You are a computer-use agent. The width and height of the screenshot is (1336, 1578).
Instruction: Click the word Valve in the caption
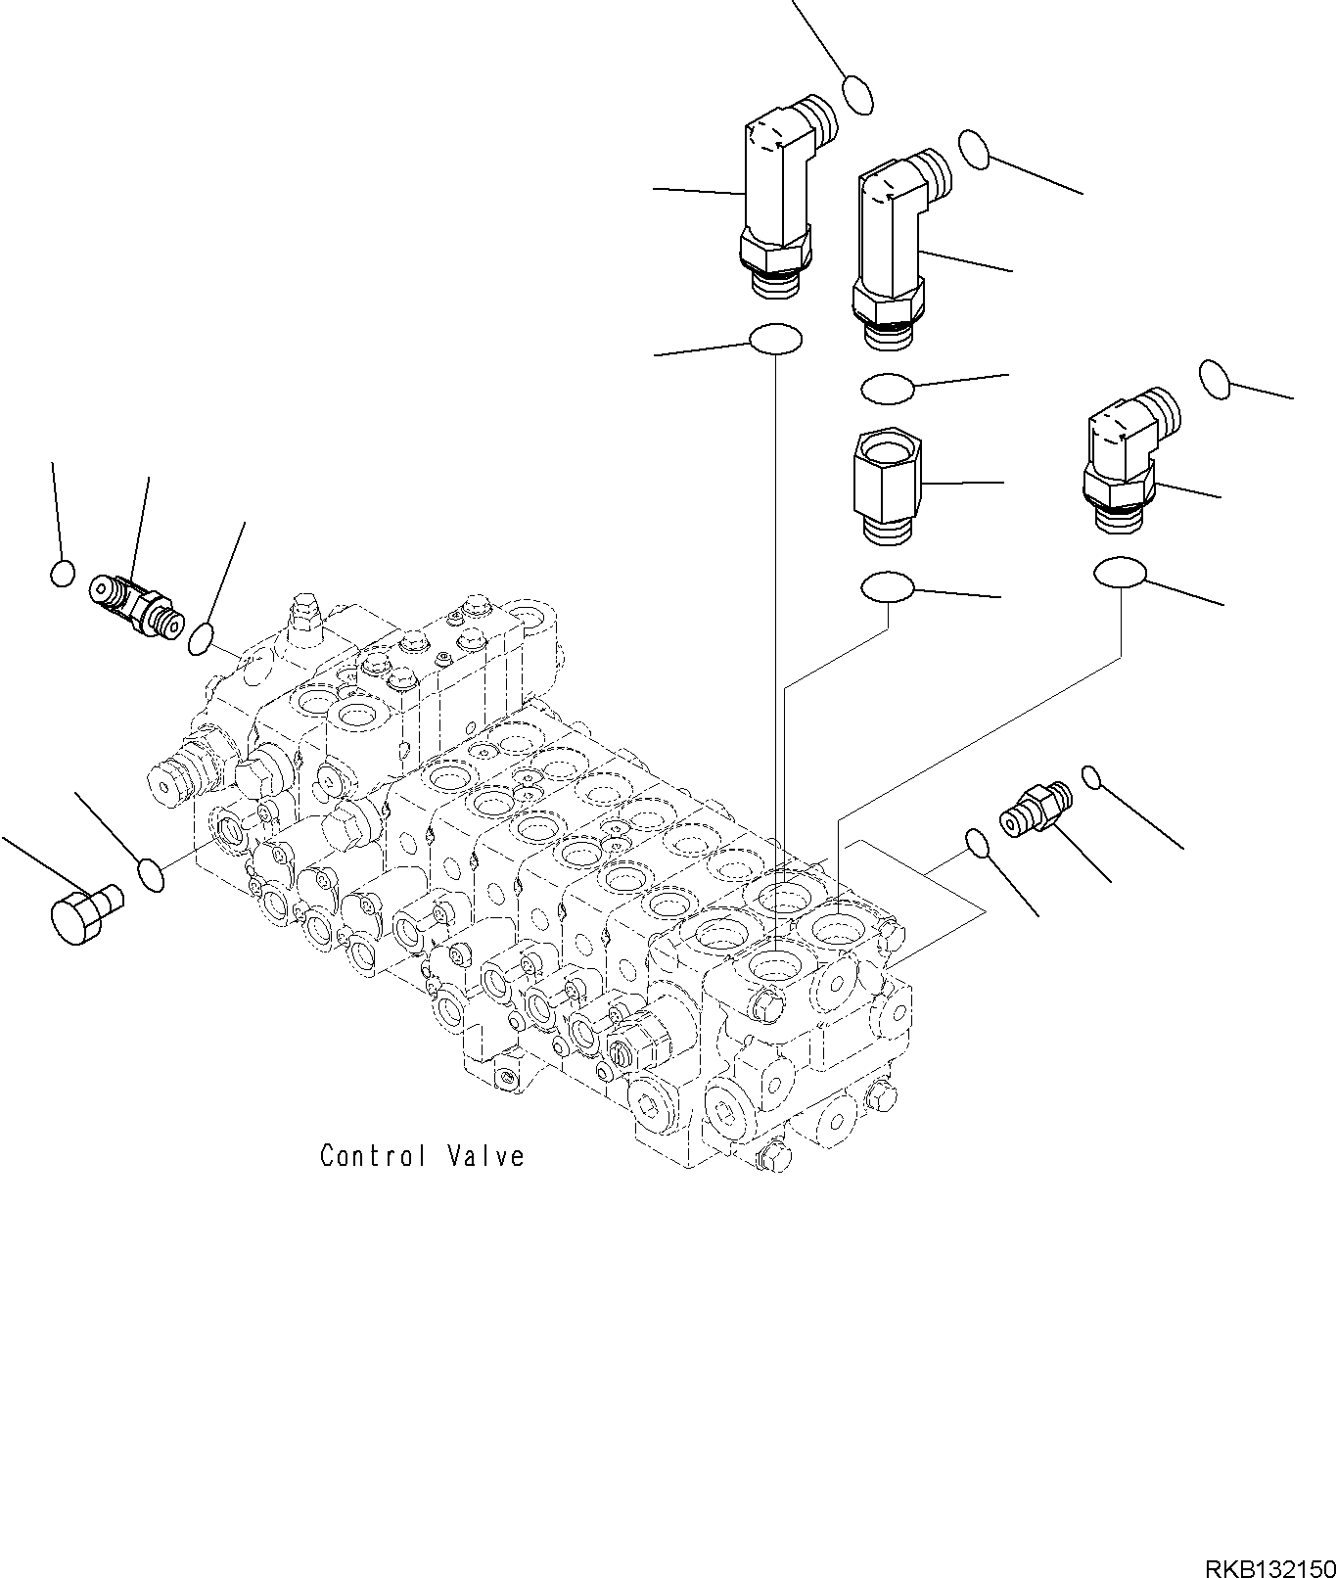486,1156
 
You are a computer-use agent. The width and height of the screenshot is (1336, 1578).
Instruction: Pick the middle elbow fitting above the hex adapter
889,245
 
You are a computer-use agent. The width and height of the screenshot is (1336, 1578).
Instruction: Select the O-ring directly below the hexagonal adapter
887,587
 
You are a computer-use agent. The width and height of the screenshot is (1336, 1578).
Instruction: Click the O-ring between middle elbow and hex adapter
887,390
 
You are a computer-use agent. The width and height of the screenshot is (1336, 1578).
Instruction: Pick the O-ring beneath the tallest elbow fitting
775,340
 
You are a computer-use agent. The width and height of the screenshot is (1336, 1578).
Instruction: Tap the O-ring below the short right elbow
1120,573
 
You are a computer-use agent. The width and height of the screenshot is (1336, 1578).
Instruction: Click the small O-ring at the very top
857,94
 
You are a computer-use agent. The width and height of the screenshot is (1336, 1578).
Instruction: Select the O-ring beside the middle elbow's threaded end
975,149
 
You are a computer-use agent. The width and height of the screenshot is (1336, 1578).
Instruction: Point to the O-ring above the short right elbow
1215,379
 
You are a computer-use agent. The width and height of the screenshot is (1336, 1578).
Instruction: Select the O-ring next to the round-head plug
150,874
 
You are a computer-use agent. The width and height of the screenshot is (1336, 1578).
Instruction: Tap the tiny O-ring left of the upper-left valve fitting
62,574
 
